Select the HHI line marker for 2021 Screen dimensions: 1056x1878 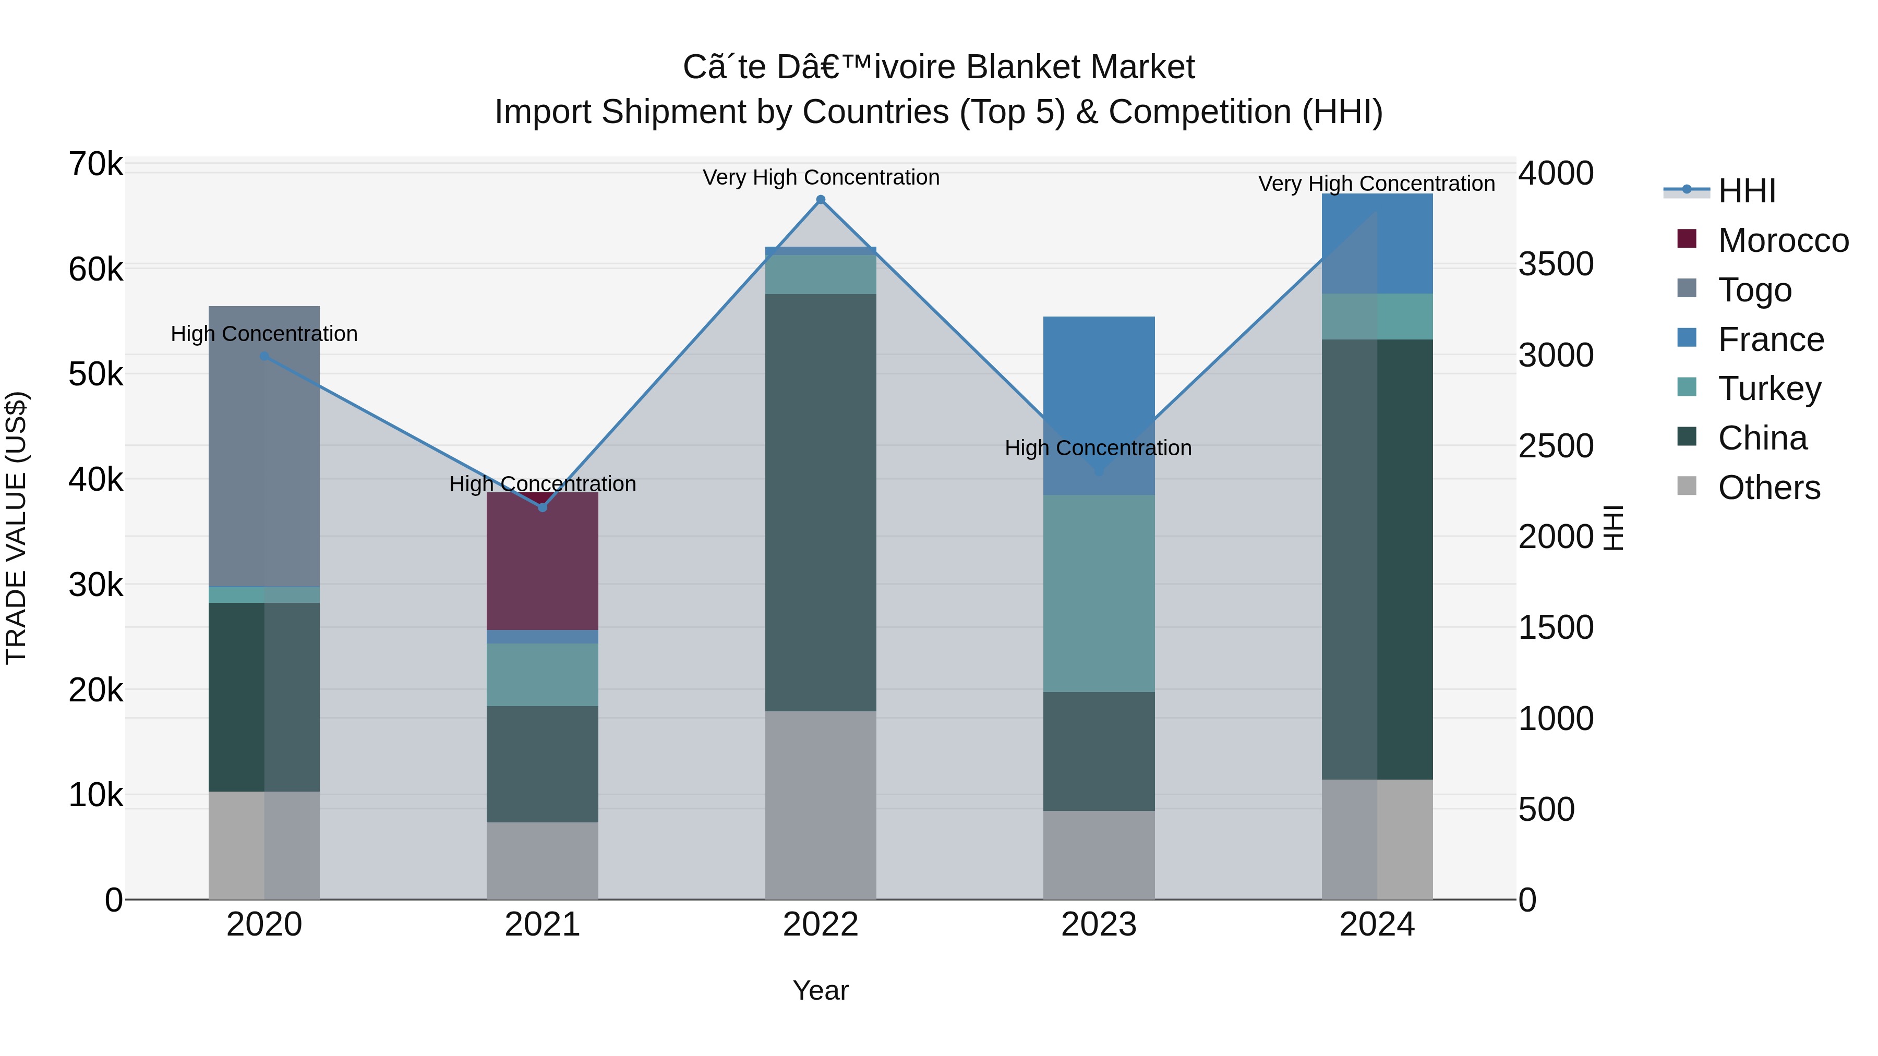coord(543,507)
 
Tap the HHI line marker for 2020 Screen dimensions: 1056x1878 coord(264,356)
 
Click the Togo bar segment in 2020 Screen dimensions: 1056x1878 coord(264,446)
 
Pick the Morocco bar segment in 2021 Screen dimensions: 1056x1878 coord(543,561)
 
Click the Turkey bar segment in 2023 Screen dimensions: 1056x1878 coord(1099,593)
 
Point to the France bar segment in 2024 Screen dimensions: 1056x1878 coord(1377,244)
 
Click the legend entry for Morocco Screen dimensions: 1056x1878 coord(1783,240)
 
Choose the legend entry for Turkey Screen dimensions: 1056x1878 coord(1769,389)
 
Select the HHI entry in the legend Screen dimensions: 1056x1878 coord(1747,191)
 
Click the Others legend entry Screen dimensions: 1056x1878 coord(1768,488)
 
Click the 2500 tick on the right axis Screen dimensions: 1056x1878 coord(1556,446)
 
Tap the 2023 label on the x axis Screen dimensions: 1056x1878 coord(1099,925)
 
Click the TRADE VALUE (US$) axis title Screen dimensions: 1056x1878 coord(16,528)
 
